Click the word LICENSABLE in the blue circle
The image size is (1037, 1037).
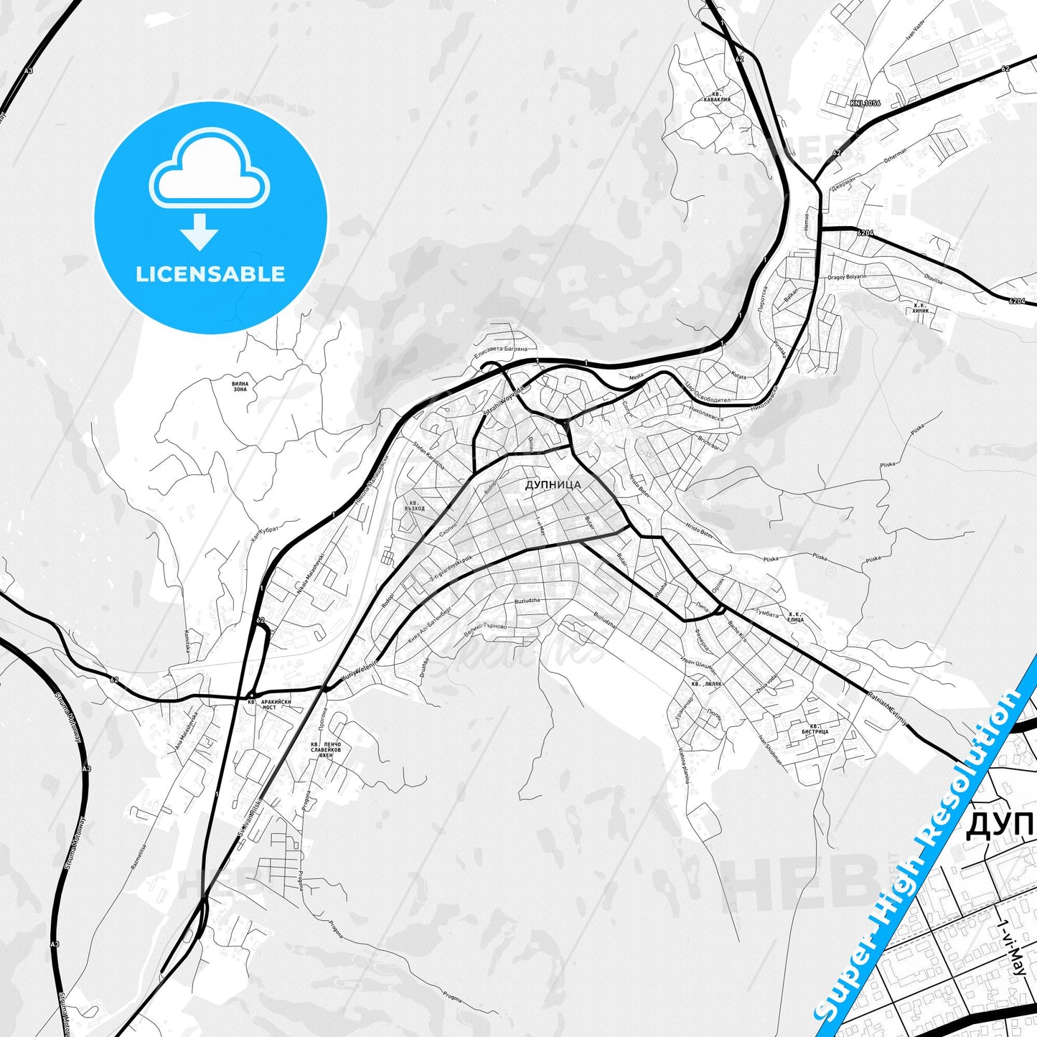coord(210,274)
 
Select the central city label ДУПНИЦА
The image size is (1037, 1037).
coord(553,485)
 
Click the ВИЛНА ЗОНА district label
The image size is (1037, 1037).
coord(240,387)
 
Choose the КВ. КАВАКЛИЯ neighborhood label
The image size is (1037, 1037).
coord(716,97)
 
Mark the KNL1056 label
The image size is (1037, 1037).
coord(865,103)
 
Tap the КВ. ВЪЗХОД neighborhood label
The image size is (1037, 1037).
coord(414,506)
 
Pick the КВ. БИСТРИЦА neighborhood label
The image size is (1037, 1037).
coord(815,729)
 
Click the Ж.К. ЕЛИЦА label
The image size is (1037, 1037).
coord(795,617)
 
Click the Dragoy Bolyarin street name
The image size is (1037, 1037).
coord(847,277)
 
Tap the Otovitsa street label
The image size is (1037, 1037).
coord(933,281)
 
